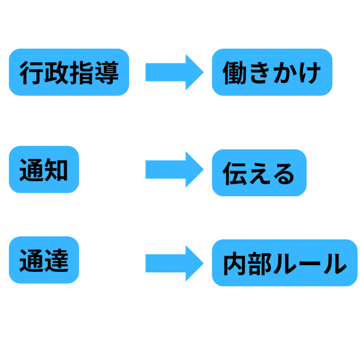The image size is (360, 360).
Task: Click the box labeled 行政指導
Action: point(69,73)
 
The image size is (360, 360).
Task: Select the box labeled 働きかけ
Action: point(272,73)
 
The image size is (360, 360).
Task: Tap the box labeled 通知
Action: point(44,170)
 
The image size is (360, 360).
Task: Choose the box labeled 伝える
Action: point(259,173)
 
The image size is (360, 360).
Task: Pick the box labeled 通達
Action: point(44,261)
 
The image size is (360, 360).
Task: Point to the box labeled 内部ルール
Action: point(284,263)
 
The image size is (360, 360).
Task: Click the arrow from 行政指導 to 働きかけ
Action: point(174,73)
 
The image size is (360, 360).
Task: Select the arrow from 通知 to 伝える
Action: point(174,170)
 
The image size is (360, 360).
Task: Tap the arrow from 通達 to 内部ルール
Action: point(174,263)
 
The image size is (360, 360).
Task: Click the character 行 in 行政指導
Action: point(32,73)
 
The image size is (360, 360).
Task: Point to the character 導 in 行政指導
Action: point(107,73)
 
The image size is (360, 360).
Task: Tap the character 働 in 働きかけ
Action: point(235,73)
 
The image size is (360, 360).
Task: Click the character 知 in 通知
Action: point(56,170)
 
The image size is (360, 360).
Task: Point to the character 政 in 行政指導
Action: point(56,73)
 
